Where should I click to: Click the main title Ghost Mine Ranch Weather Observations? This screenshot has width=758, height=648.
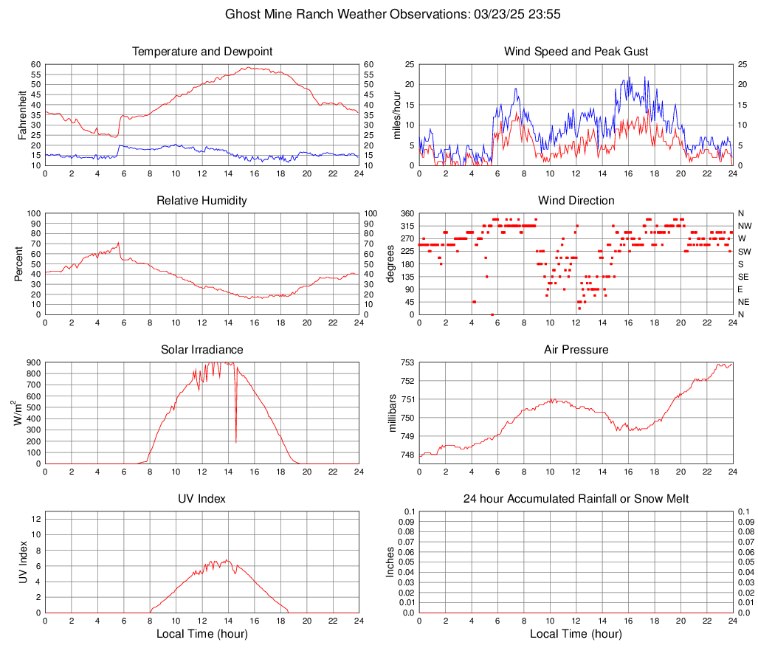click(378, 14)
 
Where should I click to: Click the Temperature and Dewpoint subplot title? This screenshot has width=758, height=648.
click(201, 52)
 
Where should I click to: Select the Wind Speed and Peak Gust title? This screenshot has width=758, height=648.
click(576, 52)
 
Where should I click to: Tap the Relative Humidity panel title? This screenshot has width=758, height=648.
click(201, 201)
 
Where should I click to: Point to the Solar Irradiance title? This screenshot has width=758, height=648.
click(201, 350)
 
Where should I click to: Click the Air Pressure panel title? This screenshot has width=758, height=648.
click(576, 350)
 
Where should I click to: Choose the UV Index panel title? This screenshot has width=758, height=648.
click(201, 499)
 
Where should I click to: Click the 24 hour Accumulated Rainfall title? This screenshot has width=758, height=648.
click(576, 499)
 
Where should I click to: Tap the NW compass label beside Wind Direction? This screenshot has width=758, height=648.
click(745, 226)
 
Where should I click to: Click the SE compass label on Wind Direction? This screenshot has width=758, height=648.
click(744, 277)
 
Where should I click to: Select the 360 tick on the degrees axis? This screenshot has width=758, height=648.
click(405, 213)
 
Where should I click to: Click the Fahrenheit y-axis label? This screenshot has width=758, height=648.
click(22, 114)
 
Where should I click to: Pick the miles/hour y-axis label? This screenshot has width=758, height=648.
click(396, 114)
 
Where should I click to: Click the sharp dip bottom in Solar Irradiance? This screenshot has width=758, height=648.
click(236, 442)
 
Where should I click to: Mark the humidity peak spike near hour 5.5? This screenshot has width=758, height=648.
click(118, 242)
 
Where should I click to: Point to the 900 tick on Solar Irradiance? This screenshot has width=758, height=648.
click(32, 362)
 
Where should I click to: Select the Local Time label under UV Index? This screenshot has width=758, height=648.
click(201, 634)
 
